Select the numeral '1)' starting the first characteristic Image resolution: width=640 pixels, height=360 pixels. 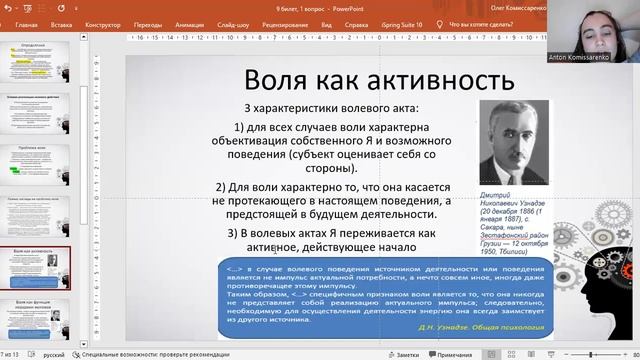241,127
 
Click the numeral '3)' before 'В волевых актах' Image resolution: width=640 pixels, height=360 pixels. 235,233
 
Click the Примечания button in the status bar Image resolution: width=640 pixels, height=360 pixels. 454,354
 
